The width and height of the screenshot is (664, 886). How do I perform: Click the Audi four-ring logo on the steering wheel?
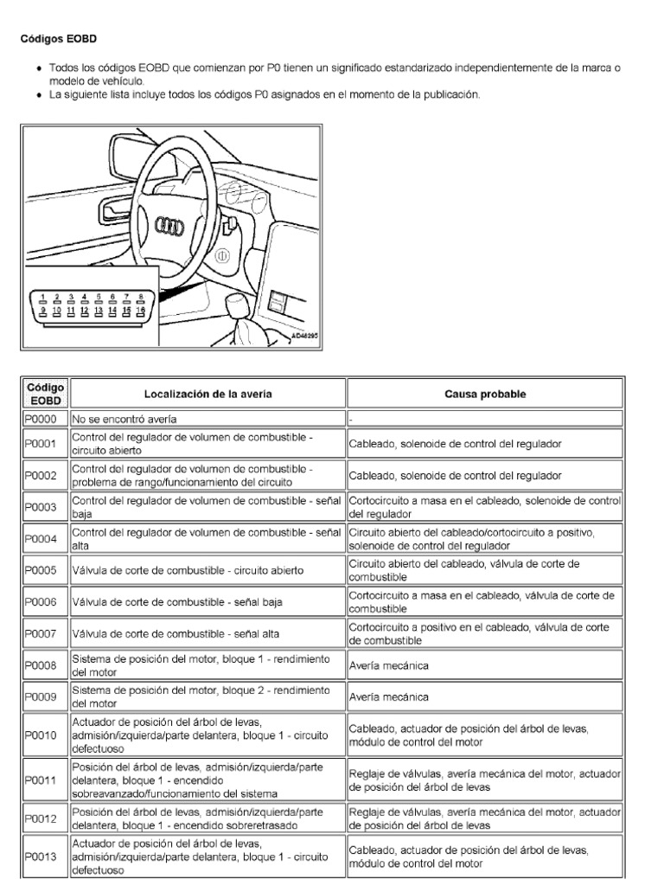[x=168, y=227]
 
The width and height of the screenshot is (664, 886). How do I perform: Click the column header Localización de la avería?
[x=208, y=394]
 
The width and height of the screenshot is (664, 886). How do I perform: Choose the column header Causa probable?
[x=485, y=394]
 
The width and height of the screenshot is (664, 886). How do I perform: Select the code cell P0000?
[x=41, y=419]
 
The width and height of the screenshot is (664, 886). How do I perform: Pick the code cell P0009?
[x=41, y=696]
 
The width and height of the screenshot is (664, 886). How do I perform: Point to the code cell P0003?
[x=41, y=507]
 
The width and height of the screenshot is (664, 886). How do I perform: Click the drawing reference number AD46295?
[x=303, y=334]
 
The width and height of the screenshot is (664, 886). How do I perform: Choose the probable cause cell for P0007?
[x=484, y=633]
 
